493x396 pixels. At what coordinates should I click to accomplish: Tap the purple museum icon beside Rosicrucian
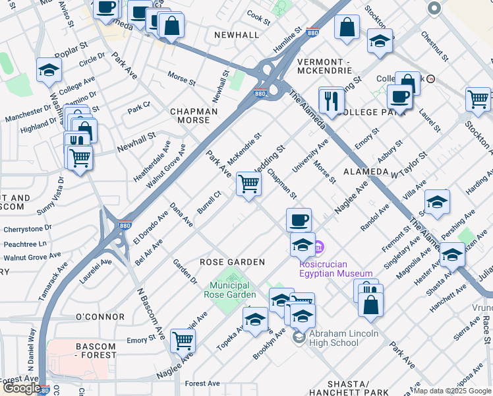pyautogui.click(x=320, y=247)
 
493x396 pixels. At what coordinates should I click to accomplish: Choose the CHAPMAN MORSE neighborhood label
pyautogui.click(x=194, y=116)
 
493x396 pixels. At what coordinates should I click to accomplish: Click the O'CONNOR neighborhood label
pyautogui.click(x=100, y=317)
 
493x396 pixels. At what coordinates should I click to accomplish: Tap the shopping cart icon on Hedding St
pyautogui.click(x=248, y=183)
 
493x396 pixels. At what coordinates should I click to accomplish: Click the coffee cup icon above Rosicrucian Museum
pyautogui.click(x=299, y=219)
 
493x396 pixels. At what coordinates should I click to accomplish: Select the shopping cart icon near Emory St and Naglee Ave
pyautogui.click(x=183, y=341)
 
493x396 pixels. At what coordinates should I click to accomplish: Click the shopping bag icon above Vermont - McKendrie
pyautogui.click(x=346, y=28)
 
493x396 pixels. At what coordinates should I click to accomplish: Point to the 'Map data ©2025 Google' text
pyautogui.click(x=452, y=391)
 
